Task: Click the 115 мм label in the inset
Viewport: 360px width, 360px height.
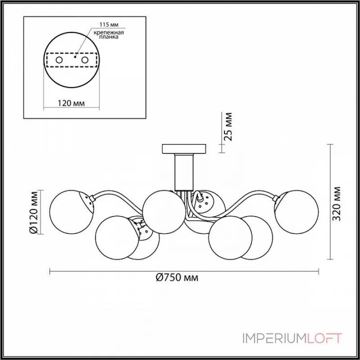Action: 109,25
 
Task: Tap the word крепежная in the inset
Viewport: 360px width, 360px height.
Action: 109,32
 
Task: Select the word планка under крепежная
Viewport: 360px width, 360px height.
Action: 109,37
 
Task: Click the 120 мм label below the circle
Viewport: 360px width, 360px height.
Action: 71,103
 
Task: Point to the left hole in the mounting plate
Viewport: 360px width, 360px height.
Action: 59,60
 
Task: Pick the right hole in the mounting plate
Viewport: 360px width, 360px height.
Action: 85,60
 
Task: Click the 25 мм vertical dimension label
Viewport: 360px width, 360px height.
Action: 228,127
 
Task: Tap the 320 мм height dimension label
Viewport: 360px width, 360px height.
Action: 337,204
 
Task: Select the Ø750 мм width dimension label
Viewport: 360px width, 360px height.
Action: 177,278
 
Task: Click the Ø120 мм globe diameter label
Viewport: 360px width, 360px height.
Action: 34,212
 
